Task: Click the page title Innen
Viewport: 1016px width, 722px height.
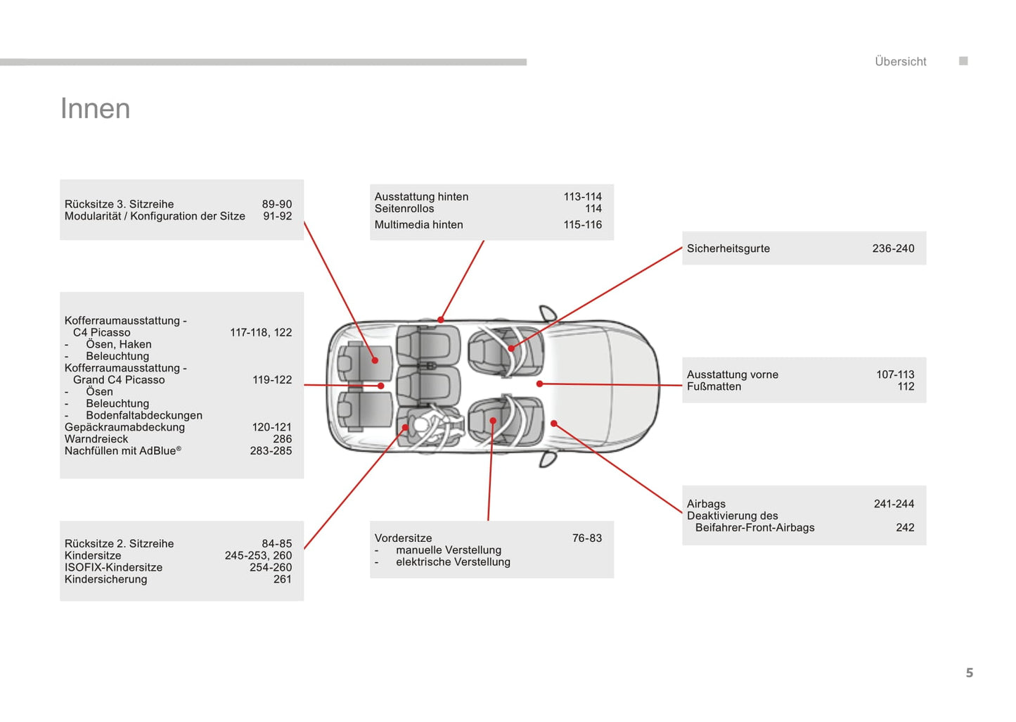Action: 95,109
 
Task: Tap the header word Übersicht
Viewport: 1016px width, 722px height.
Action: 900,62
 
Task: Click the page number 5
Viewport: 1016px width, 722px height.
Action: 969,673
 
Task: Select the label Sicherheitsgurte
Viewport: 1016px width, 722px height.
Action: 728,248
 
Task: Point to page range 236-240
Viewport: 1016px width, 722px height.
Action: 893,248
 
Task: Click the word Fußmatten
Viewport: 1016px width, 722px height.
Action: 714,386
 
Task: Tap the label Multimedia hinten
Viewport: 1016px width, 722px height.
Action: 418,224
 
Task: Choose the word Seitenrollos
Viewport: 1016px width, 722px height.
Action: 404,208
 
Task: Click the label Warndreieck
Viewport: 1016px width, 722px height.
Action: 96,439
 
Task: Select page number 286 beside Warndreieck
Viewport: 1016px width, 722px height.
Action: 282,439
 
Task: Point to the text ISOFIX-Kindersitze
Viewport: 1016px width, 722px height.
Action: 113,567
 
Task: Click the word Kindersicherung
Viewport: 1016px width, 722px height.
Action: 105,579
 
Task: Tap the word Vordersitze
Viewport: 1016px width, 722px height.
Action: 403,538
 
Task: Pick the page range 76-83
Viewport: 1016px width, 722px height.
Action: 586,538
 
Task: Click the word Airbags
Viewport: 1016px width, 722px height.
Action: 706,504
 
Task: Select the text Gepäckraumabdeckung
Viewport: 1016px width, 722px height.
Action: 124,427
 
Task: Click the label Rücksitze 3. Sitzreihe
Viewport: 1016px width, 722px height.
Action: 119,204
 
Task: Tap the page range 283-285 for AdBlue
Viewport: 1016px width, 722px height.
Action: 271,451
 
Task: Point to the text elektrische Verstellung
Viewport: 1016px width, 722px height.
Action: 453,562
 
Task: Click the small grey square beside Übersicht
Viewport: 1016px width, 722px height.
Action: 963,61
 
